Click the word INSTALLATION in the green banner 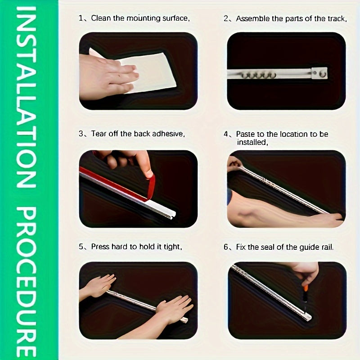click(x=28, y=97)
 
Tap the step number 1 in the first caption click(x=81, y=18)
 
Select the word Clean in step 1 click(x=101, y=18)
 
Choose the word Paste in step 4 click(x=246, y=134)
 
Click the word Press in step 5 click(x=100, y=247)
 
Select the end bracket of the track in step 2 click(x=319, y=73)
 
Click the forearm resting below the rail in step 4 click(x=279, y=214)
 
